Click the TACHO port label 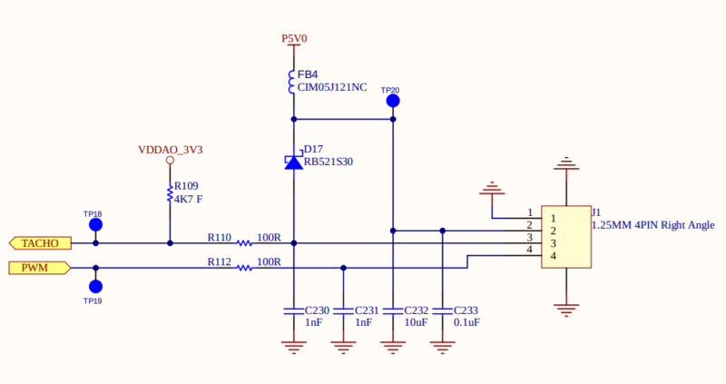point(40,243)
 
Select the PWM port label point(40,268)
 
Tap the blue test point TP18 point(96,225)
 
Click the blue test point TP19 point(96,287)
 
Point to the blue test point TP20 point(393,101)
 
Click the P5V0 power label point(294,38)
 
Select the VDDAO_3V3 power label point(171,150)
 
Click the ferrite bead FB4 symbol point(291,82)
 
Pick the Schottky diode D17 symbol point(294,162)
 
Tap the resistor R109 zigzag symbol point(170,192)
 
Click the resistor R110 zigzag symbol point(244,243)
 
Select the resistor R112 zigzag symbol point(244,268)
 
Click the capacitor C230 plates point(293,310)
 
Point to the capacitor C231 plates point(344,310)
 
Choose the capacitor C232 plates point(393,310)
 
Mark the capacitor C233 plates point(443,310)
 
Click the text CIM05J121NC point(332,87)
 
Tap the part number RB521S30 point(329,162)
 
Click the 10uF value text point(416,322)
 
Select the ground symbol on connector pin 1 point(492,189)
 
